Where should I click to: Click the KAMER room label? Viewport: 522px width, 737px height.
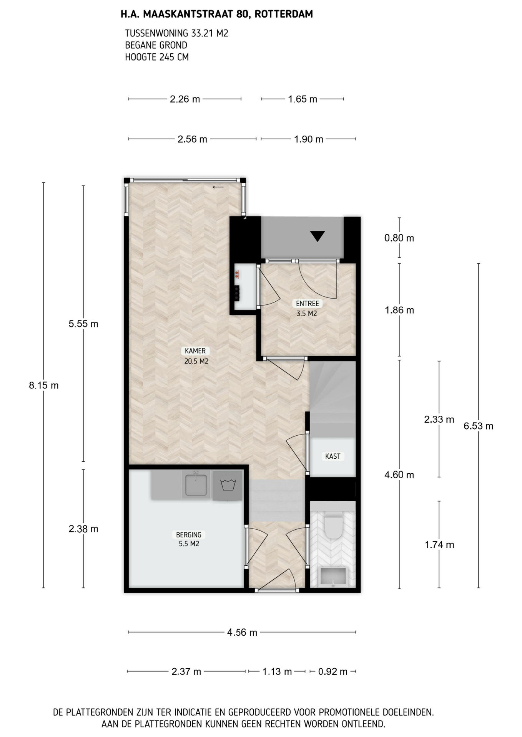tap(195, 351)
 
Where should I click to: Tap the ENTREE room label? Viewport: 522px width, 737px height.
tap(307, 304)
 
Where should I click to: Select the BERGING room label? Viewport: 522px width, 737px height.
tap(189, 535)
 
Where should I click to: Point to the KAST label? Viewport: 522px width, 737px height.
tap(332, 456)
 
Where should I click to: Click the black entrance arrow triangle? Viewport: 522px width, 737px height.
tap(318, 236)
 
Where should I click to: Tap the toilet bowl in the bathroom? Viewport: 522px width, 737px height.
tap(333, 527)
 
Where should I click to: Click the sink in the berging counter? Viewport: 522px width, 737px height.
tap(196, 485)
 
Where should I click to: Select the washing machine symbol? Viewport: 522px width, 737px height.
tap(228, 485)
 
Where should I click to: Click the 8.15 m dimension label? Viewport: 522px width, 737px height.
tap(44, 385)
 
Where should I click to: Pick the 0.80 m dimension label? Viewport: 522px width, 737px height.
tap(399, 238)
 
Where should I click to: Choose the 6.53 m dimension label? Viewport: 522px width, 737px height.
tap(478, 426)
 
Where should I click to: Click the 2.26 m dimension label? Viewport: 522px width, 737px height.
tap(185, 99)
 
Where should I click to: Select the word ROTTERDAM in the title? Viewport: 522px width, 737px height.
tap(284, 14)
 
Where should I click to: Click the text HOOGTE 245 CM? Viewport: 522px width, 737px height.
tap(157, 57)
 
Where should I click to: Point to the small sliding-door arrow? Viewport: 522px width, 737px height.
tap(218, 187)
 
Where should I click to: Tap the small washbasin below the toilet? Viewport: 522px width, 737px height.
tap(333, 577)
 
